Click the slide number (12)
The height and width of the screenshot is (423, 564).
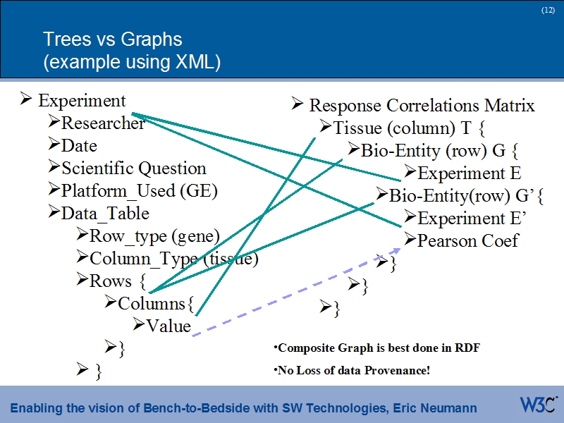pos(548,10)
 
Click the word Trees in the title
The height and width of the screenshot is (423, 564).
pos(65,39)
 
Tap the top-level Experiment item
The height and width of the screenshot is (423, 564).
pos(82,101)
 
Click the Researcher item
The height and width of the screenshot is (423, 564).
pos(102,123)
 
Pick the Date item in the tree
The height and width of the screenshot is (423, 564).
pos(79,146)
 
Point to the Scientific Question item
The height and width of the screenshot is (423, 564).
pos(133,168)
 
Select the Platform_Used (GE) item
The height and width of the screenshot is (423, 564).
pos(139,191)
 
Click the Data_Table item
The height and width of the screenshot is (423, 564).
pos(105,214)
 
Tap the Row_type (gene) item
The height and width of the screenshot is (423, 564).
pos(154,236)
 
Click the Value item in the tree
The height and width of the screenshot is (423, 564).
pos(168,326)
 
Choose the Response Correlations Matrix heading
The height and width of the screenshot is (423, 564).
pos(422,106)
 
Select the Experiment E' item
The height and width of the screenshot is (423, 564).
pos(472,218)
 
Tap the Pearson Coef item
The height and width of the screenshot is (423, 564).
pos(467,240)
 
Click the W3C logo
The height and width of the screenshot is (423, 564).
pos(539,405)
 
